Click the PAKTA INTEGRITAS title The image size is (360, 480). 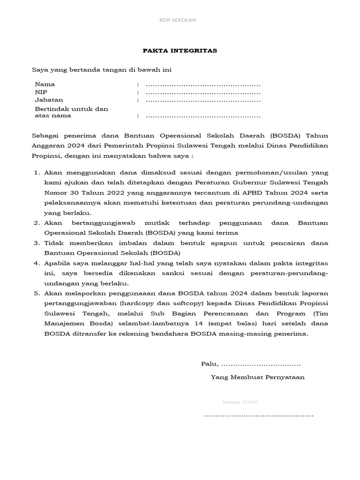180,51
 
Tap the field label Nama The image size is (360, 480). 45,84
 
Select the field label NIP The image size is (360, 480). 41,92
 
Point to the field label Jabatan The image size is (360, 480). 49,100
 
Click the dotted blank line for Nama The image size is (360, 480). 203,85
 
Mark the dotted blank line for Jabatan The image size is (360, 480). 203,101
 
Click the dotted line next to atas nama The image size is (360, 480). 203,116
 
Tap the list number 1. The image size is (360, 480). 36,173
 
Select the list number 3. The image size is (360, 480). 36,244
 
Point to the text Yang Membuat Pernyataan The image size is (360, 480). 257,377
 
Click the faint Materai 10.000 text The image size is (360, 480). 240,402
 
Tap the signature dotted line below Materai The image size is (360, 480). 258,415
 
